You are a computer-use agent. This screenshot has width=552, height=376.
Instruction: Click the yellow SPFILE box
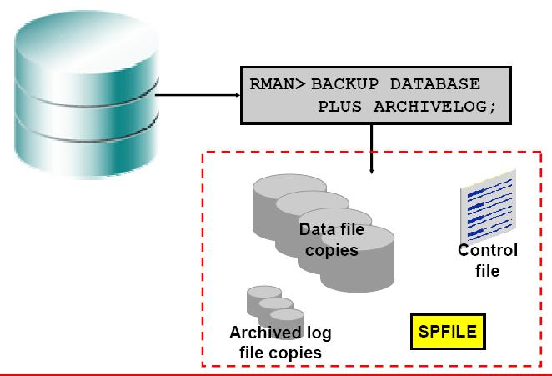click(x=448, y=332)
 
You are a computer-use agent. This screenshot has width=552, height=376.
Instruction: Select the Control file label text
click(x=487, y=260)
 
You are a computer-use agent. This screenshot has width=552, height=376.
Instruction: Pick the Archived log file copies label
click(x=280, y=343)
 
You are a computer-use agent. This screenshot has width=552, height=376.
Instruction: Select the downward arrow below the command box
click(x=372, y=150)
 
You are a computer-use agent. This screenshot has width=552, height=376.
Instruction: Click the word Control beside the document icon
click(x=487, y=251)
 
